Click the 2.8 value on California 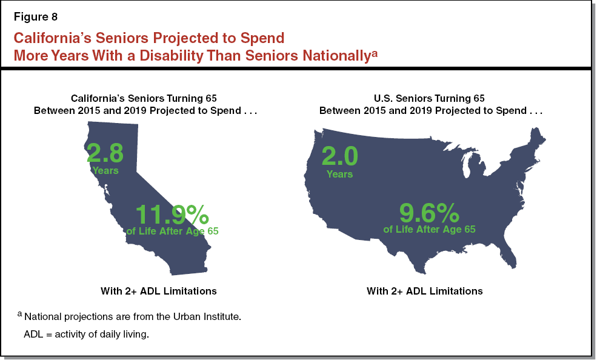point(105,153)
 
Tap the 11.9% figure point(172,215)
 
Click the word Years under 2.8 point(105,170)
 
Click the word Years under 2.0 point(339,174)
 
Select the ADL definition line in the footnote point(86,335)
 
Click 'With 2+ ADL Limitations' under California point(158,291)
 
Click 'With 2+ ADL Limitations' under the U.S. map point(424,291)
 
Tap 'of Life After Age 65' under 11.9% point(172,231)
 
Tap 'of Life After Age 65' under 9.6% point(429,229)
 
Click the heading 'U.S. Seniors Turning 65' point(430,98)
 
